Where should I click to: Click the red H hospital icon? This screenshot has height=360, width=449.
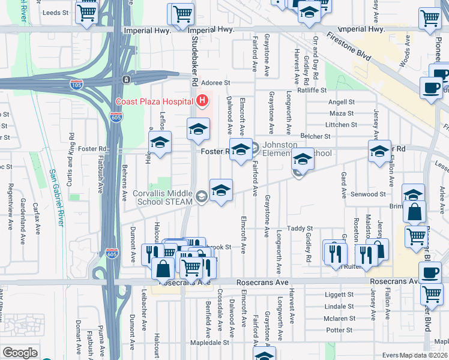coord(202,100)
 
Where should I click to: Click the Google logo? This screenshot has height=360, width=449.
coord(20,352)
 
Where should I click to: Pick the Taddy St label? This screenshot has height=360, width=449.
coord(300,229)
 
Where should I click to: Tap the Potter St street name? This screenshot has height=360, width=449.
coord(339,330)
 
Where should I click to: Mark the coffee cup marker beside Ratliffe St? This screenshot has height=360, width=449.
coord(431,88)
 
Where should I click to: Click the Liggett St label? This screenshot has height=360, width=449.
coord(338,295)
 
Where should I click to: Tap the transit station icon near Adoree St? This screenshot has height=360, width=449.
coord(126,79)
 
